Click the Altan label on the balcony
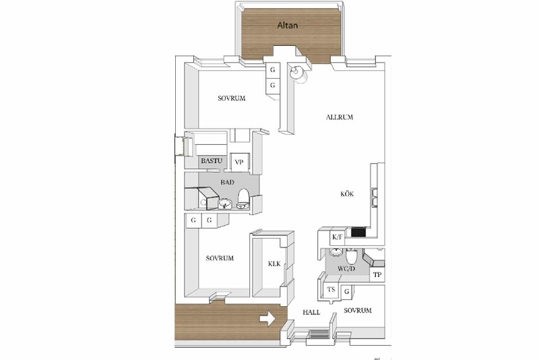pos(288,25)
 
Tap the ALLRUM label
pos(340,117)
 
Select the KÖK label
pos(347,194)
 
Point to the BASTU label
pos(212,160)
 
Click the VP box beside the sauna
pos(239,162)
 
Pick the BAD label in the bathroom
pos(227,182)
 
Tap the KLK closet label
pos(274,264)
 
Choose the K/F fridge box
pos(338,237)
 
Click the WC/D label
pos(346,268)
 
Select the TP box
pos(377,275)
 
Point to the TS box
pos(331,289)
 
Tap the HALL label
pos(311,312)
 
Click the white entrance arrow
pos(267,319)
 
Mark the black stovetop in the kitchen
pos(358,233)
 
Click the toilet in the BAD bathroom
pos(243,199)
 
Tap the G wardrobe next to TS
pos(347,292)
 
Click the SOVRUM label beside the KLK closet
pos(220,258)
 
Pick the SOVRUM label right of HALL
pos(358,311)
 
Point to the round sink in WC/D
pos(336,251)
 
